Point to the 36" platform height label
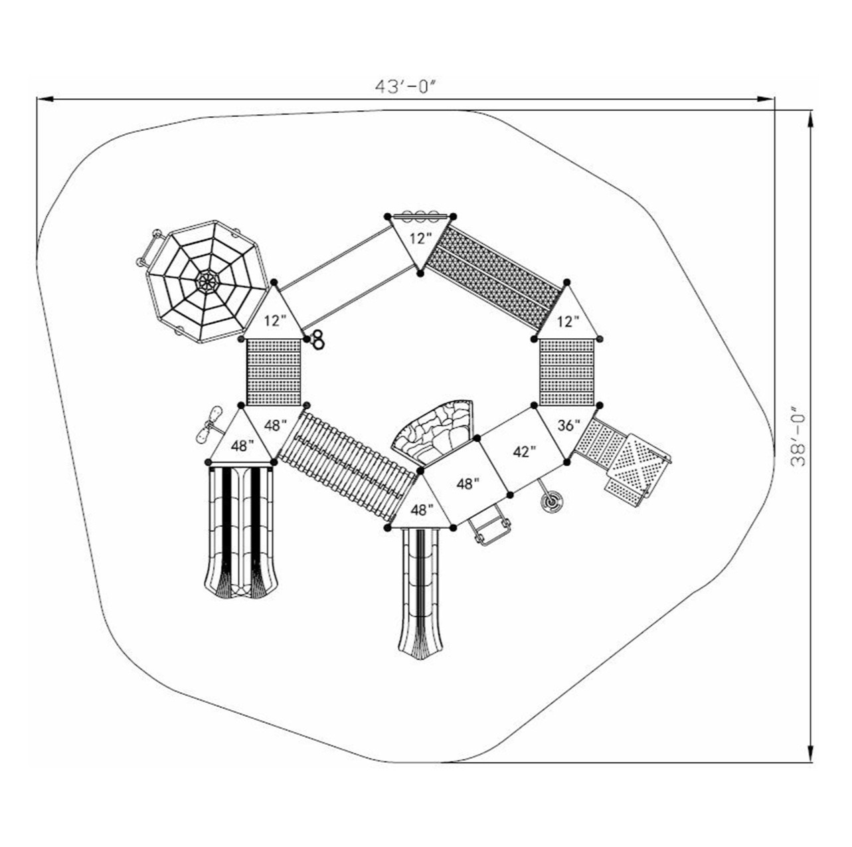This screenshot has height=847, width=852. tap(568, 426)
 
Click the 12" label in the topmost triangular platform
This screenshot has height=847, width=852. tap(420, 239)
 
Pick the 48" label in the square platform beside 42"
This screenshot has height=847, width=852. tap(468, 484)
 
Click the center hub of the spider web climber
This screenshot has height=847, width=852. tap(207, 282)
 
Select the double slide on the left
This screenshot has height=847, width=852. tap(240, 531)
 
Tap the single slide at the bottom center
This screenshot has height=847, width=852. tap(420, 591)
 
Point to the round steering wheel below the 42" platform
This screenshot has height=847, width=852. tap(551, 503)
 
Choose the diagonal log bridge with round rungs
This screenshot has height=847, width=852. tap(347, 464)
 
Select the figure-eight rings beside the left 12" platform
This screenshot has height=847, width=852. tap(318, 339)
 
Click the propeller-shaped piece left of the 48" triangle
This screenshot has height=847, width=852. tap(208, 425)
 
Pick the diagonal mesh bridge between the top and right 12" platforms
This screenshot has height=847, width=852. tap(494, 277)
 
